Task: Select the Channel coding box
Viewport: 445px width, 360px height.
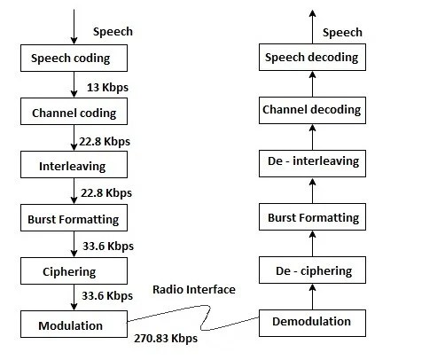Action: point(74,113)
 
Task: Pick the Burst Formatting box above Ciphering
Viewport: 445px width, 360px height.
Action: point(74,217)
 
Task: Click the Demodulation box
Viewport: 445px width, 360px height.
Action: point(310,321)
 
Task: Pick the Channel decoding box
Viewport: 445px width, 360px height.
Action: point(310,110)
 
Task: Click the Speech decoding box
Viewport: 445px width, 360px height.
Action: point(310,58)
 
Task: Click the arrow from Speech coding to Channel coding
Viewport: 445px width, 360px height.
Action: point(74,85)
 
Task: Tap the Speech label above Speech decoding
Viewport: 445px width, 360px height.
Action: point(341,32)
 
